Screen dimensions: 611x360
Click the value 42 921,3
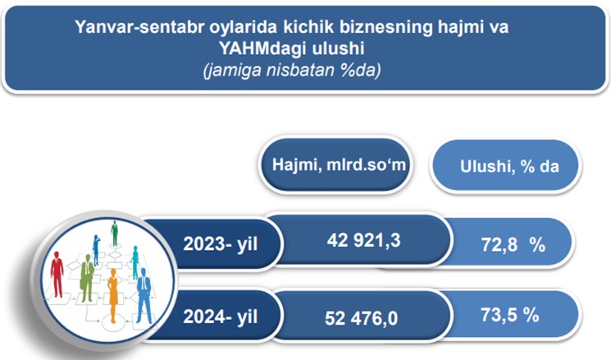tap(363, 240)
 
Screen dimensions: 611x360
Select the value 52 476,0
tap(361, 318)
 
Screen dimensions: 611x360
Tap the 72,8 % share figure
tap(513, 244)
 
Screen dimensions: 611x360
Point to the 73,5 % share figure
tap(509, 315)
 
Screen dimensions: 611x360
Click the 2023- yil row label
tap(220, 244)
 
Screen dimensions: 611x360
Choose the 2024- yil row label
tap(220, 317)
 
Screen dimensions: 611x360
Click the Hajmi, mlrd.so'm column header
tap(339, 165)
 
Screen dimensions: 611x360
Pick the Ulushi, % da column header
tap(509, 166)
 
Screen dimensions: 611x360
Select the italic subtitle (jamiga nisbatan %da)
tap(292, 71)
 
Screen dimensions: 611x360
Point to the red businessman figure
tap(57, 274)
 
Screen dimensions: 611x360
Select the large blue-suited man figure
tap(144, 295)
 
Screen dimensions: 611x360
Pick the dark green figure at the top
tap(114, 234)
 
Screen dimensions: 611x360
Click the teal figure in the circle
tap(135, 262)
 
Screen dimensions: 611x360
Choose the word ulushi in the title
tap(338, 48)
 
